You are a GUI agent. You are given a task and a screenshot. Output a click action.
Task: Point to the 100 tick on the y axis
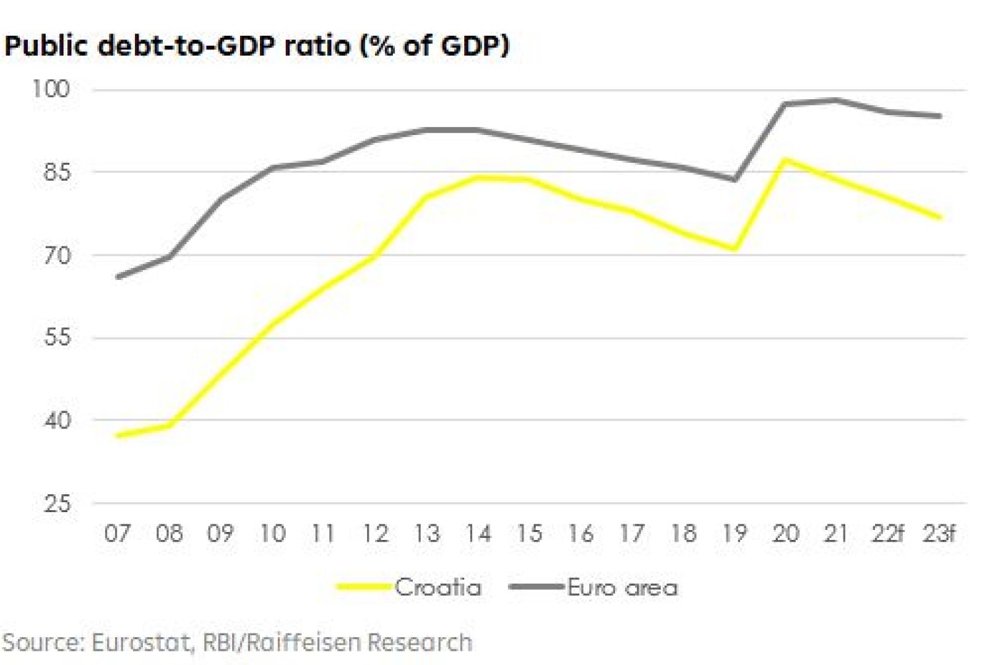point(51,89)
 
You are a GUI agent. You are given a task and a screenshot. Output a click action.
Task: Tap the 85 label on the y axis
point(57,172)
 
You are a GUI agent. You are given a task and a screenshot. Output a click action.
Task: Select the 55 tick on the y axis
point(57,337)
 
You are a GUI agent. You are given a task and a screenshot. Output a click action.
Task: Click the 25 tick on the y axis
point(57,504)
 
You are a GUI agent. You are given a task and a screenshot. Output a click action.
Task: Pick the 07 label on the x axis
point(118,534)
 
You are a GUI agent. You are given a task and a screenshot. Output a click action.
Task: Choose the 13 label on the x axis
point(426,534)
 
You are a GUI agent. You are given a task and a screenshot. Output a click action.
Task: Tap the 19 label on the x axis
point(734,534)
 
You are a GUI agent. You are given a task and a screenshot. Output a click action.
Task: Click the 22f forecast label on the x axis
point(888,534)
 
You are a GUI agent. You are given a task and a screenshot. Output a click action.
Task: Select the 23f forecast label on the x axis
point(939,534)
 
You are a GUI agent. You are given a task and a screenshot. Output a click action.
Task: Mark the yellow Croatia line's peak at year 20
point(786,160)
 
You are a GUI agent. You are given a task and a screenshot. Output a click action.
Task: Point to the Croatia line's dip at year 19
point(734,249)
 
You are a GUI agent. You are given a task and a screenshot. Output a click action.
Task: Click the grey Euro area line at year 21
point(836,100)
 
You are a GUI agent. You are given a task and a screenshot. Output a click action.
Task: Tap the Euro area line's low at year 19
point(734,179)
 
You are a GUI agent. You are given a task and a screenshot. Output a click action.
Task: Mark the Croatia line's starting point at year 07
point(118,435)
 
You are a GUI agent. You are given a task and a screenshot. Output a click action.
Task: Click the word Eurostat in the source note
point(142,642)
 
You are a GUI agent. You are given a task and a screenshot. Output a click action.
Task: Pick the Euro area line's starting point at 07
point(118,276)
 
